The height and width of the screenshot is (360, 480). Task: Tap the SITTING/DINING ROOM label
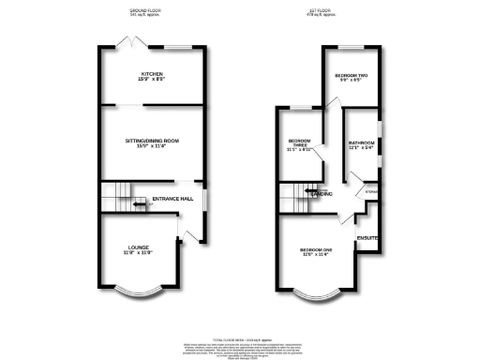pyautogui.click(x=152, y=141)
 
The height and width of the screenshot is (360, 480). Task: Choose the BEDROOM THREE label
pyautogui.click(x=300, y=144)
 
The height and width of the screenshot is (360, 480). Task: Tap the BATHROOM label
pyautogui.click(x=361, y=143)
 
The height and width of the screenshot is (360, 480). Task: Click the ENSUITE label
pyautogui.click(x=368, y=239)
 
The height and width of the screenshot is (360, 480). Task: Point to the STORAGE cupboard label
pyautogui.click(x=371, y=191)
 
